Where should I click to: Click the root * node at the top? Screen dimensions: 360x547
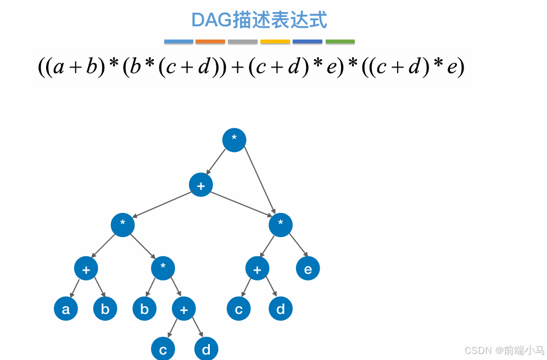pos(234,140)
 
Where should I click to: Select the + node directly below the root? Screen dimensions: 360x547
pos(201,185)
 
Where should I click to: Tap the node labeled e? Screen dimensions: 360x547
pos(308,268)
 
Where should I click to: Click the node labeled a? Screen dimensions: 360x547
pos(66,309)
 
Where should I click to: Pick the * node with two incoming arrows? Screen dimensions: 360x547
pos(281,224)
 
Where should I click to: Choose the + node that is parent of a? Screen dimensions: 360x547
pos(86,268)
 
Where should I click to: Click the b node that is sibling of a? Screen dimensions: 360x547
pos(105,309)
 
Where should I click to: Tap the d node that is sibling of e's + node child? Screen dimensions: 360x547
pos(281,309)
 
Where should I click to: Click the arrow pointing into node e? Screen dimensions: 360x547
pos(297,244)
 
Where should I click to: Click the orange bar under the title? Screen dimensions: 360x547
pos(210,42)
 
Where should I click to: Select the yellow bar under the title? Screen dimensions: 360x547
pos(275,42)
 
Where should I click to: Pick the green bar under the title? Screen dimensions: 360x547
pos(340,42)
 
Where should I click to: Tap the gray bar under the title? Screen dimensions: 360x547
pos(243,42)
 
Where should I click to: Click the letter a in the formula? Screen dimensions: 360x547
pos(59,67)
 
